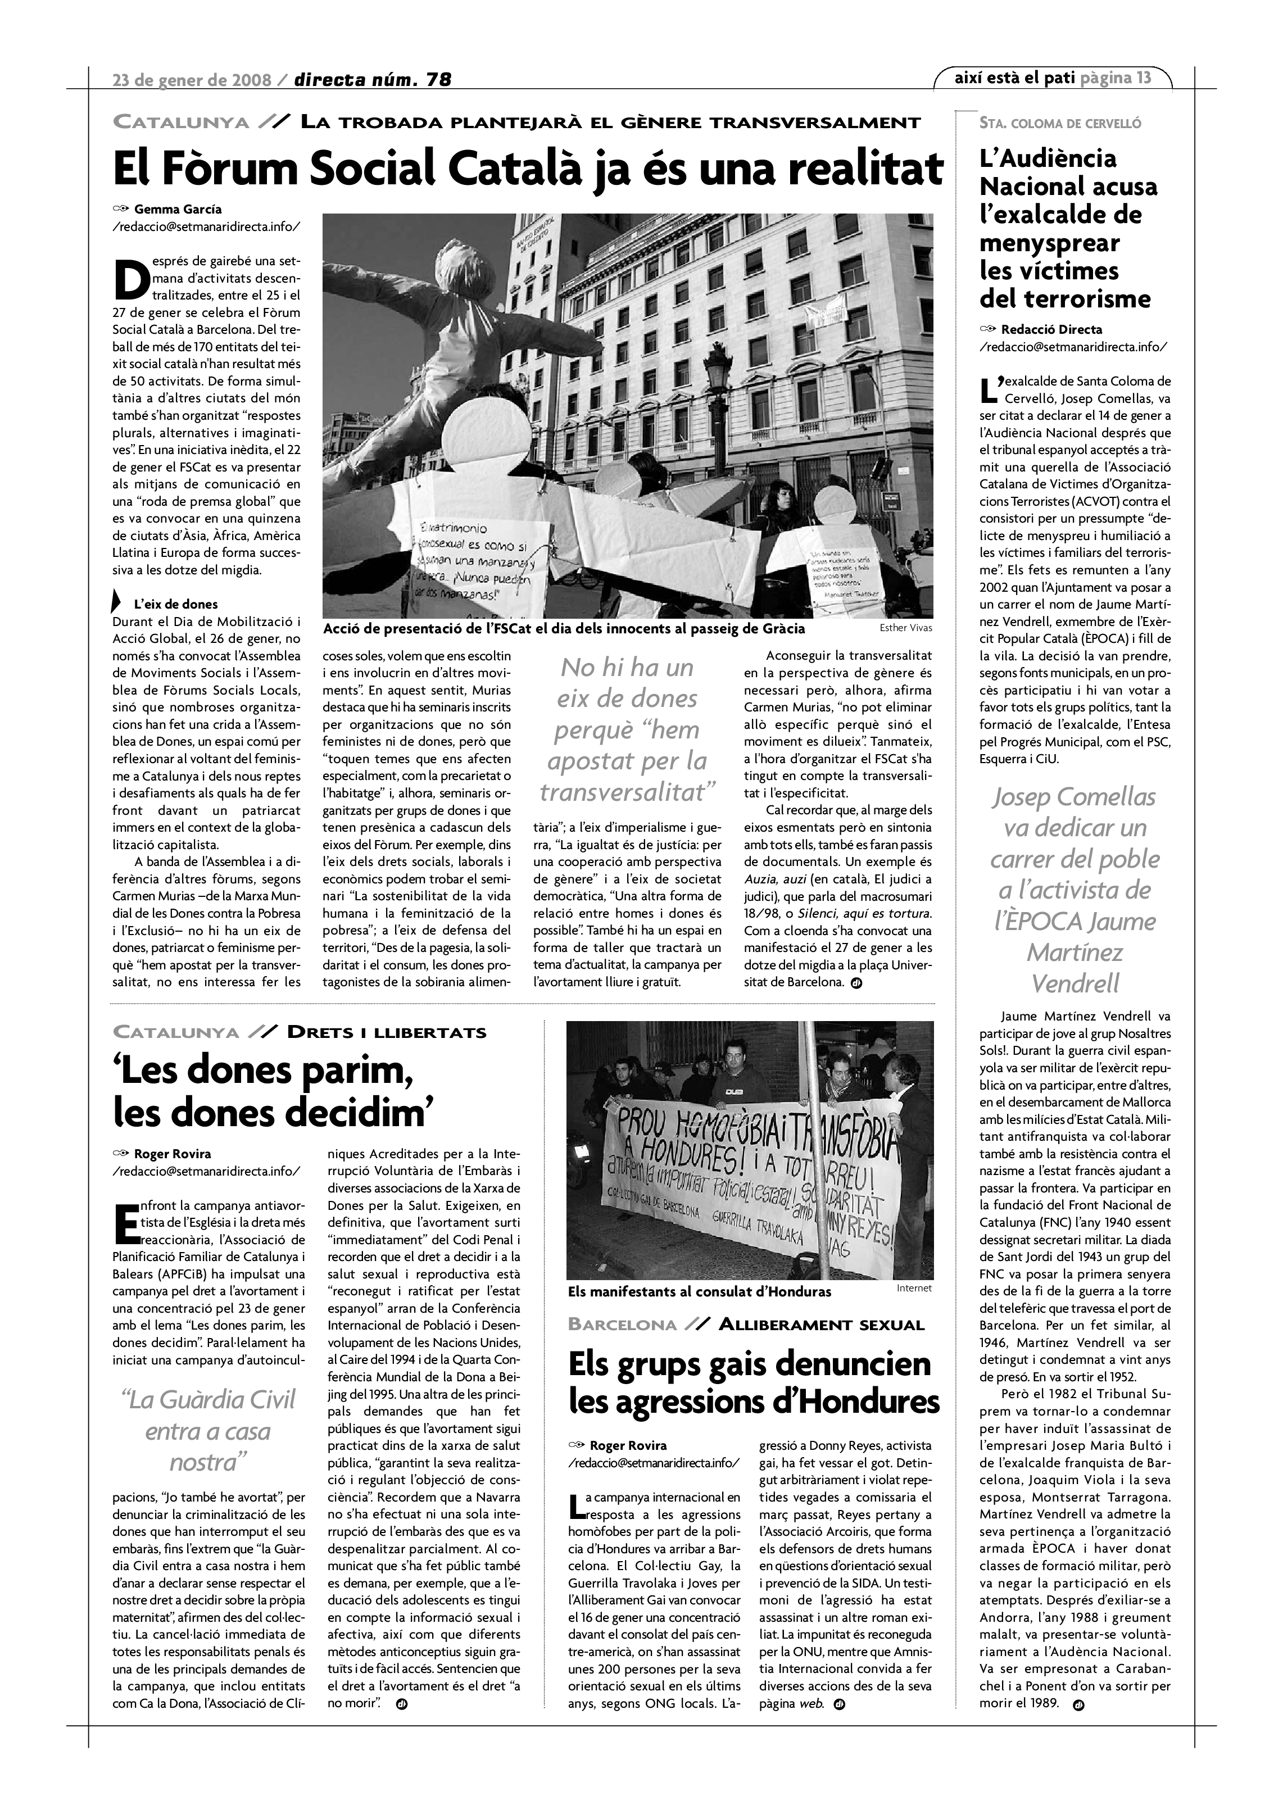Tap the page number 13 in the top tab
pos(1143,78)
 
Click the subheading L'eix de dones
pos(175,605)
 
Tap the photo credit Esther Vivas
pos(905,628)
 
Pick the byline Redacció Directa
pos(1040,329)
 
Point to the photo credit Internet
pos(914,1288)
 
